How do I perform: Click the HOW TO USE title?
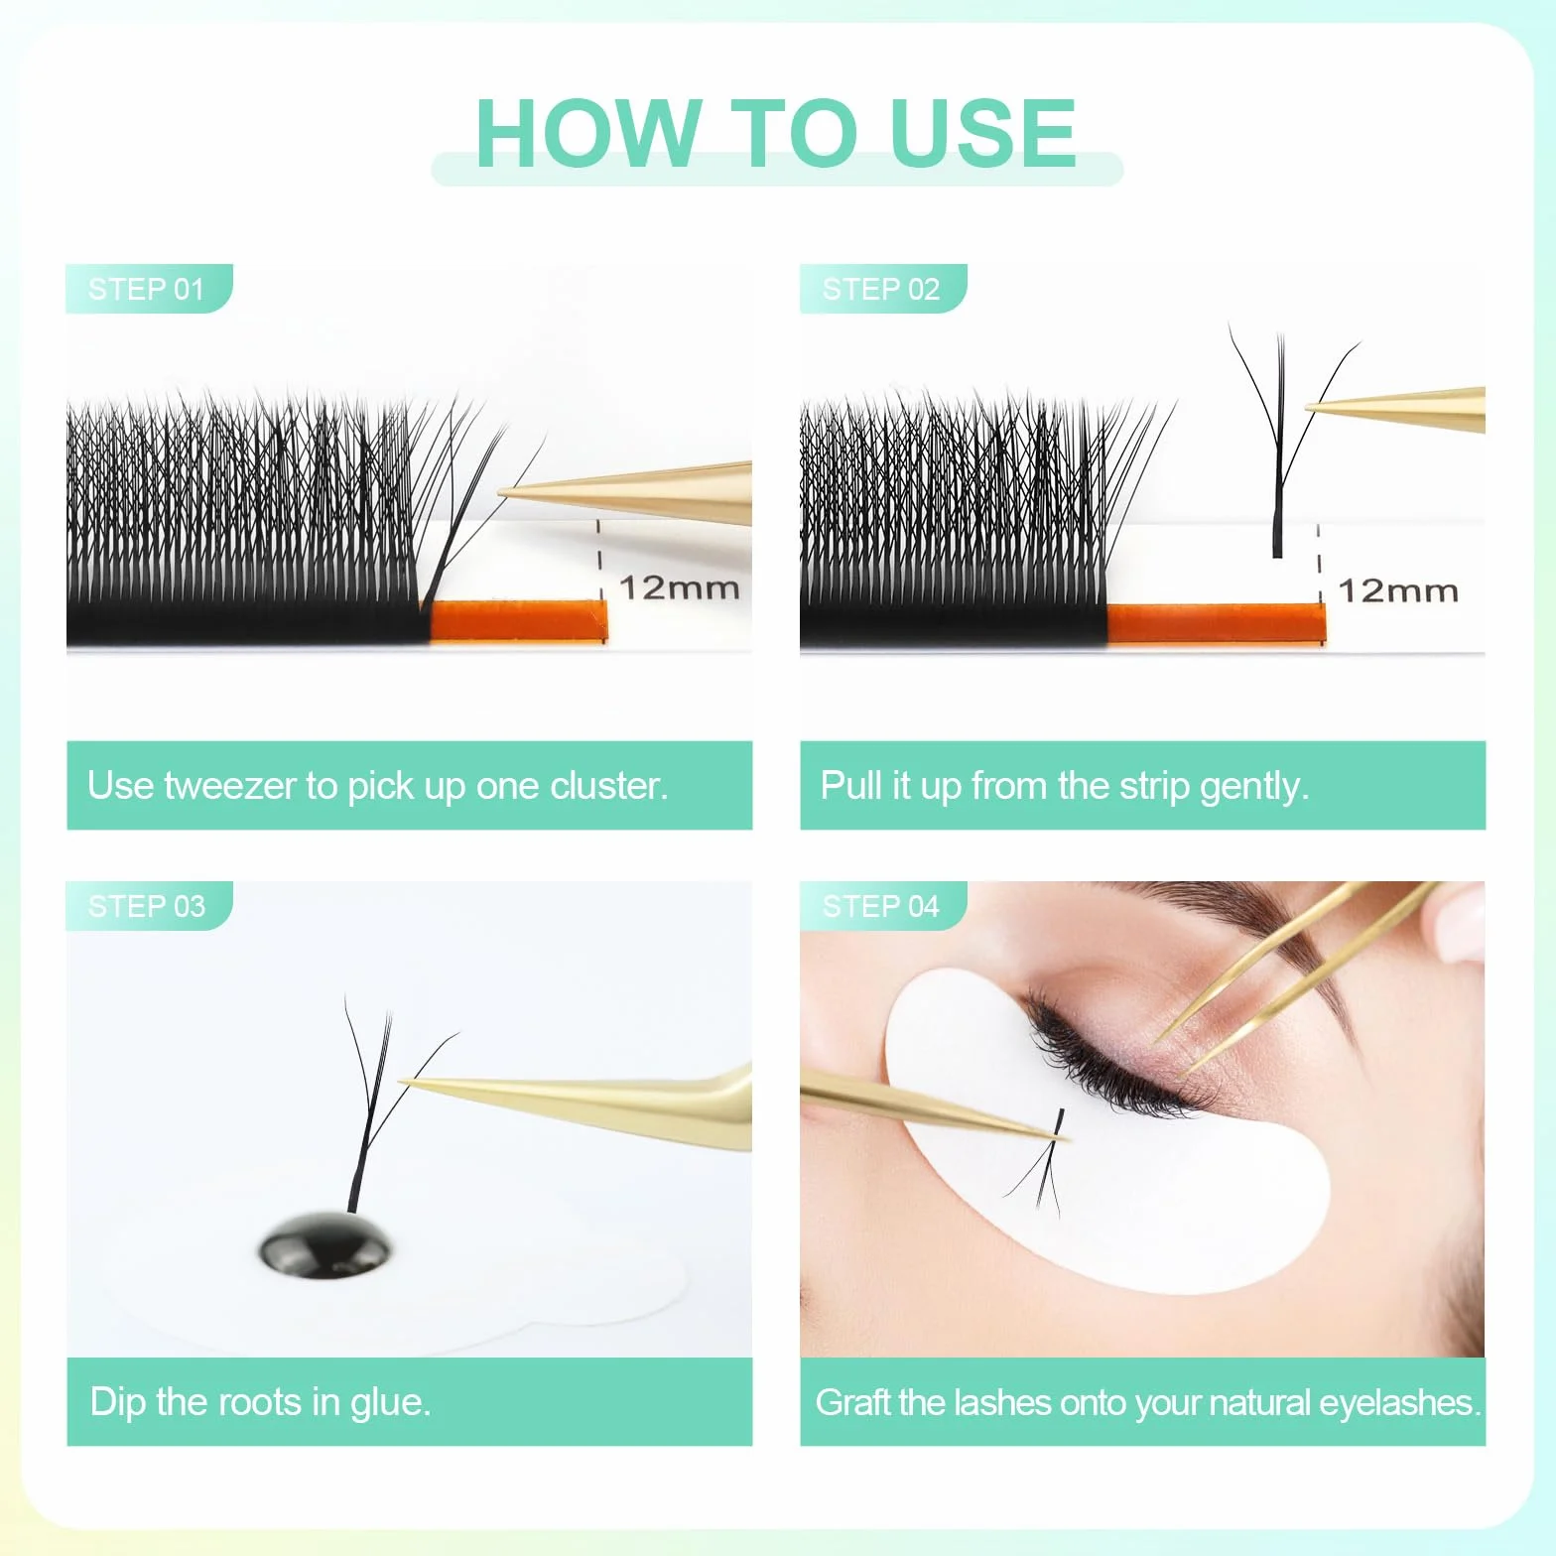pyautogui.click(x=776, y=134)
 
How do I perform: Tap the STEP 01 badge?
pyautogui.click(x=149, y=289)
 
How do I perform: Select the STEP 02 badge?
pyautogui.click(x=883, y=289)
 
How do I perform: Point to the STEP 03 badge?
pyautogui.click(x=149, y=906)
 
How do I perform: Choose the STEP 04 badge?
pyautogui.click(x=883, y=906)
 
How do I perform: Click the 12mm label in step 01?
pyautogui.click(x=680, y=587)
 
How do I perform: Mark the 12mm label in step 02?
pyautogui.click(x=1398, y=591)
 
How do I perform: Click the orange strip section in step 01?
pyautogui.click(x=518, y=621)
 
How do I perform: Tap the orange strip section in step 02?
pyautogui.click(x=1217, y=624)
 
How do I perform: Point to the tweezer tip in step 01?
pyautogui.click(x=499, y=491)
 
